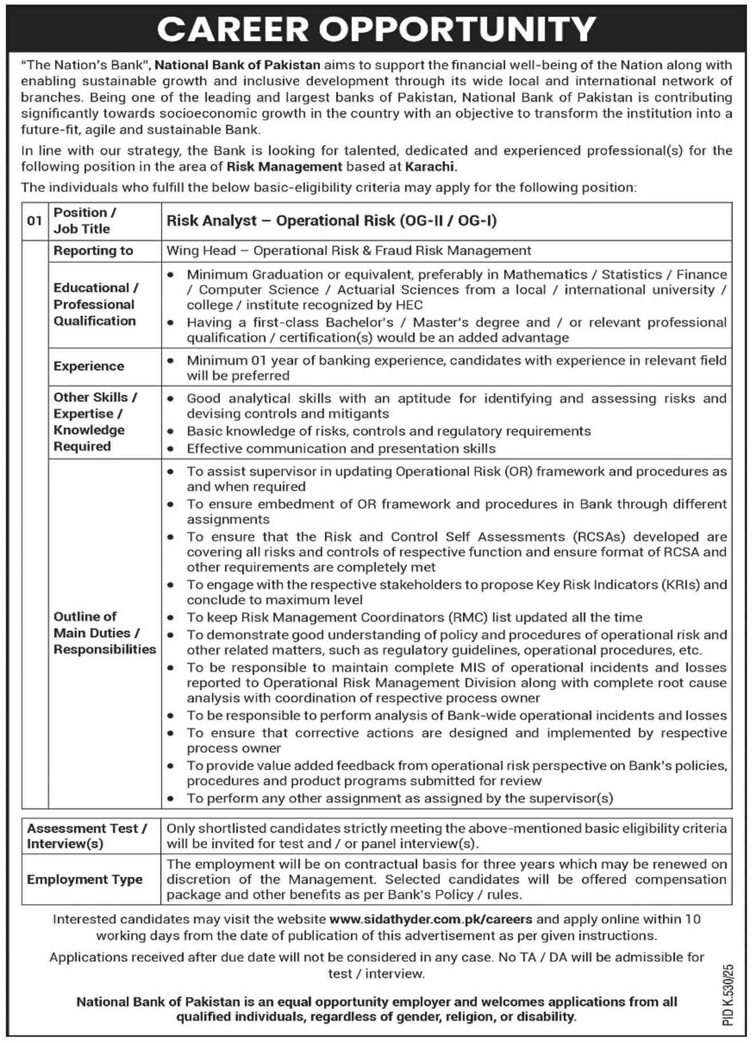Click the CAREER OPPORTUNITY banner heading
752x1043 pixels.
[x=376, y=28]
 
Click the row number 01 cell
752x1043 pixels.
[x=34, y=220]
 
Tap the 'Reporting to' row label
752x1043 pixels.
[x=93, y=250]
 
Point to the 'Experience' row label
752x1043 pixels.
[x=89, y=366]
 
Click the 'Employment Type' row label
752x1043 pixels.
[x=85, y=879]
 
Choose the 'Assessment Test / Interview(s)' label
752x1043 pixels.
[x=86, y=836]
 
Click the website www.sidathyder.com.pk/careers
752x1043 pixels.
[x=431, y=919]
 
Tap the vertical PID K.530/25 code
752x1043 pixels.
[x=727, y=994]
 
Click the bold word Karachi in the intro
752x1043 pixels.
[x=431, y=167]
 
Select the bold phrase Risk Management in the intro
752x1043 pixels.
[x=284, y=167]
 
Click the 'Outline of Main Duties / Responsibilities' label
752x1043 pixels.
[x=104, y=633]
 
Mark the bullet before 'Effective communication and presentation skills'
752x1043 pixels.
[x=171, y=449]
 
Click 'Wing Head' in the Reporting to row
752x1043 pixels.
[x=201, y=250]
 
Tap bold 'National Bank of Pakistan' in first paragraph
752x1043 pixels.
[x=237, y=65]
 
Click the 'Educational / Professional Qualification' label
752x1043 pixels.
[x=95, y=304]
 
